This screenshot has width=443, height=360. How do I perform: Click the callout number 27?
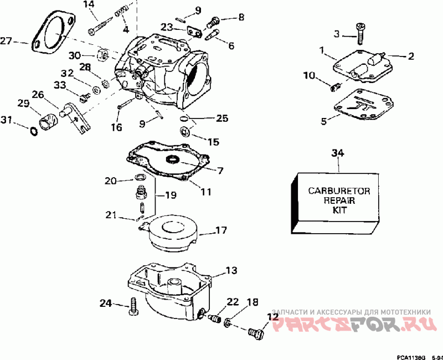pos(6,41)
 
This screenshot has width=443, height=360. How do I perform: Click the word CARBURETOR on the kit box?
pos(339,191)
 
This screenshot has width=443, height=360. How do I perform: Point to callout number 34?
pos(338,153)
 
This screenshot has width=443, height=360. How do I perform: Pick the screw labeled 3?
pos(360,34)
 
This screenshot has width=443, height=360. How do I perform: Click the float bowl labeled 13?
pos(170,291)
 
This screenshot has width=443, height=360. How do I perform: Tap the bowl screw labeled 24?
pos(133,306)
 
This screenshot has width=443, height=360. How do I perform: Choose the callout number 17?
pos(221,230)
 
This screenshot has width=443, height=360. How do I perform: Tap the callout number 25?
pos(222,118)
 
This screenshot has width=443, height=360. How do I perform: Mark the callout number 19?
pos(171,195)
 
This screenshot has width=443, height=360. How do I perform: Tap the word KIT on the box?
pos(339,210)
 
